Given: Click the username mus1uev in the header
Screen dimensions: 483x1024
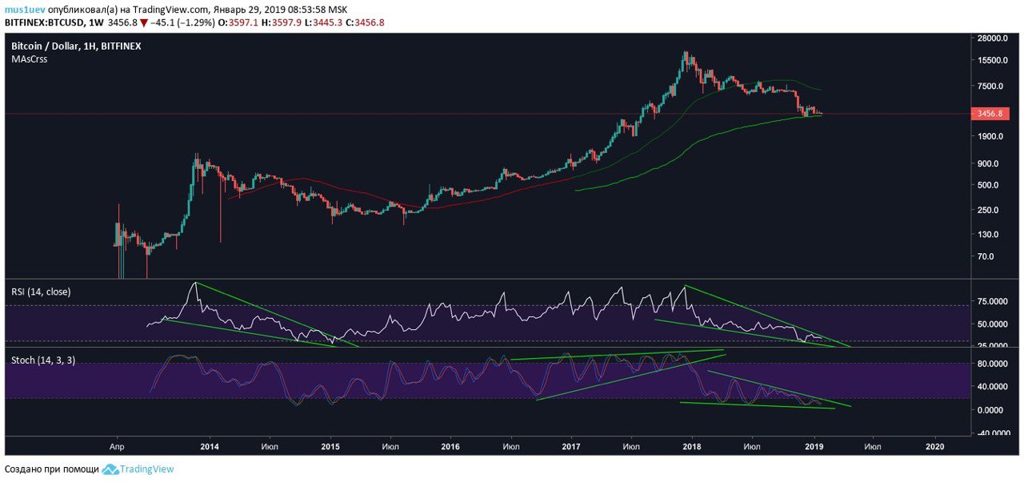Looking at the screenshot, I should coord(25,10).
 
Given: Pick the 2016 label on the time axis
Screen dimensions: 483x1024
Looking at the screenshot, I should coord(450,445).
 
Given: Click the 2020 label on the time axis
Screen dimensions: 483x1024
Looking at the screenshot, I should coord(934,445).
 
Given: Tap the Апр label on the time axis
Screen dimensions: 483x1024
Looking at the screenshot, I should coord(117,445).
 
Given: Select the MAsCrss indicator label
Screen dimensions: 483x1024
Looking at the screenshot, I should coord(29,59).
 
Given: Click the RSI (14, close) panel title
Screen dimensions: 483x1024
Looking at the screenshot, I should coord(41,292).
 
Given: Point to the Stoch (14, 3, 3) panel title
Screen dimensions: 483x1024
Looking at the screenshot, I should coord(43,360).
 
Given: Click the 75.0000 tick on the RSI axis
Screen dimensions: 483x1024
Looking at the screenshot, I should coord(993,302).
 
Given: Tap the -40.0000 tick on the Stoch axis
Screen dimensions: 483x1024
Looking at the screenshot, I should coord(992,433).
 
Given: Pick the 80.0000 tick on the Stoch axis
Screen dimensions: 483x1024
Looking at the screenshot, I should coord(993,364).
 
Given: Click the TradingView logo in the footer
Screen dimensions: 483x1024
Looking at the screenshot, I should coord(138,469).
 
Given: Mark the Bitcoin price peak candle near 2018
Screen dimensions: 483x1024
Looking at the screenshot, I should coord(686,54).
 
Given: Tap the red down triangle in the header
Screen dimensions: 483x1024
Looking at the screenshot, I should coord(144,22).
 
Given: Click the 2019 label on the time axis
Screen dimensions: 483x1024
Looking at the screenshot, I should coord(814,445).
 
